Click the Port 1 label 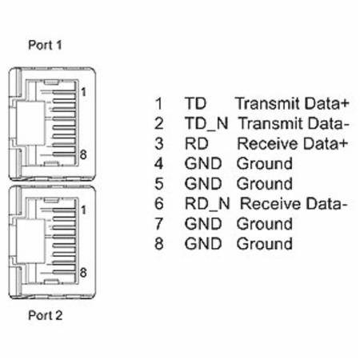coord(45,45)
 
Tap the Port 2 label coord(46,315)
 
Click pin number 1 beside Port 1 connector coord(83,92)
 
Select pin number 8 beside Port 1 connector coord(83,154)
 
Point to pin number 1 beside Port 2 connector coord(83,210)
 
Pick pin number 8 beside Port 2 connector coord(83,273)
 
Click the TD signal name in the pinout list coord(195,103)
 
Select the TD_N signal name coord(206,124)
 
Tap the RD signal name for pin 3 coord(197,144)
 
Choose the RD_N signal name coord(207,204)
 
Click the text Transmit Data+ coord(292,103)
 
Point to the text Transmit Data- coord(294,123)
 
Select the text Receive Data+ coord(293,144)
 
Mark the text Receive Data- coord(294,204)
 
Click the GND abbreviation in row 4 coord(203,164)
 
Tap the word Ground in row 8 coord(265,244)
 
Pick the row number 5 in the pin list coord(159,184)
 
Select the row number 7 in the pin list coord(159,224)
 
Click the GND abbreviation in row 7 coord(203,224)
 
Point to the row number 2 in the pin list coord(159,123)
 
